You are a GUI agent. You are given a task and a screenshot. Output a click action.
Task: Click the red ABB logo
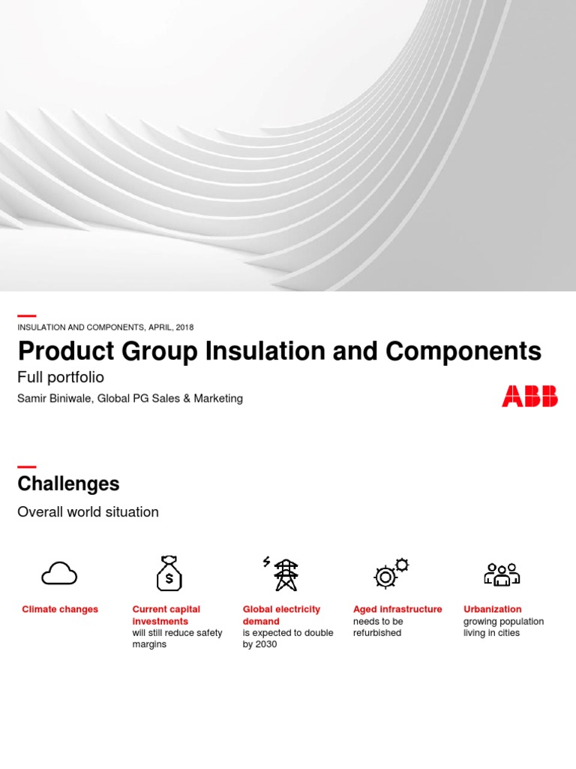coord(529,396)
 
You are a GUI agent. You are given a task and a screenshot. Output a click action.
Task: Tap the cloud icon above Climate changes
coord(59,574)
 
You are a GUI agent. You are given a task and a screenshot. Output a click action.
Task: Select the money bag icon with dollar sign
coord(169,574)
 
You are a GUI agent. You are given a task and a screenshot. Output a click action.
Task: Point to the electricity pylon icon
coord(284,574)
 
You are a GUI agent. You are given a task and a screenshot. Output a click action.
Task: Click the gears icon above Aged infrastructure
coord(390,574)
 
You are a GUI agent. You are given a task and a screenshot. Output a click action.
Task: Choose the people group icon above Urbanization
coord(501,574)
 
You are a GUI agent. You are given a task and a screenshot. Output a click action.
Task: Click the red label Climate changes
coord(60,609)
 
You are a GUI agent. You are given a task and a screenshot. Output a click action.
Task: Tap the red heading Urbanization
coord(492,609)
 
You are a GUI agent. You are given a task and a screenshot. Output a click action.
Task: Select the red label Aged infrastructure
coord(397,609)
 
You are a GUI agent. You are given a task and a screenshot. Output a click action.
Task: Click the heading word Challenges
coord(68,484)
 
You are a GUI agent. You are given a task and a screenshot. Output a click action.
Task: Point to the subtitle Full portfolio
coord(60,377)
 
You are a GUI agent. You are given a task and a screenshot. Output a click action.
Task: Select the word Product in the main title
coord(62,351)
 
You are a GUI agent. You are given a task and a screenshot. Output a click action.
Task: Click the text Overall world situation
coord(88,512)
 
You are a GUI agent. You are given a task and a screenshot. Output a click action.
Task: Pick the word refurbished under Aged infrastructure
coord(377,633)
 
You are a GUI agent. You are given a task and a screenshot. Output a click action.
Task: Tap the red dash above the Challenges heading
coord(27,466)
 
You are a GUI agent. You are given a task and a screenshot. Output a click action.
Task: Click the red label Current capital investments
coord(166,615)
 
